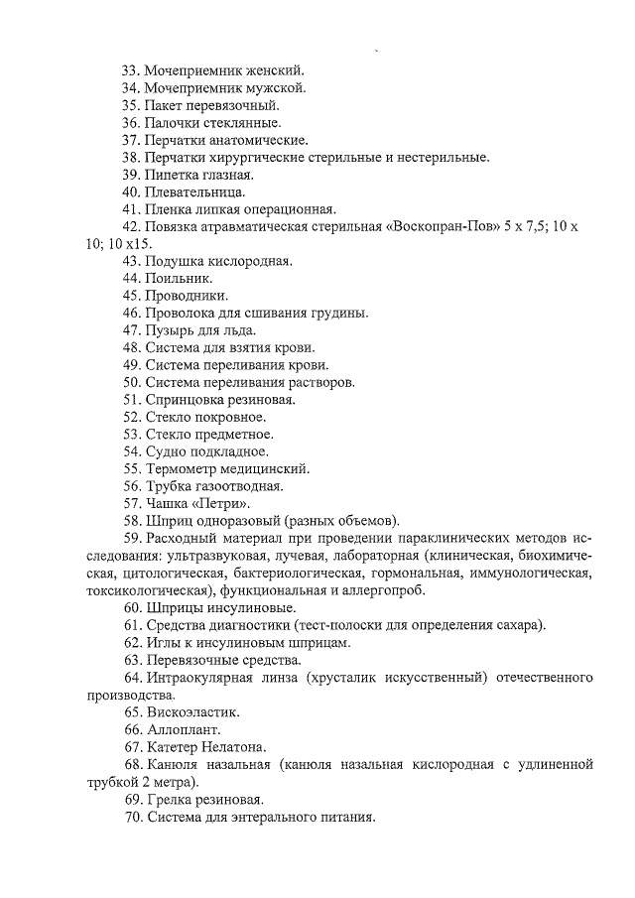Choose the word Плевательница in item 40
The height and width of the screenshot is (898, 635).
click(x=194, y=192)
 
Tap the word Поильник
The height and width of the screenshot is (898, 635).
click(x=179, y=278)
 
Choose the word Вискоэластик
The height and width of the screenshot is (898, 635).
click(x=192, y=711)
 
